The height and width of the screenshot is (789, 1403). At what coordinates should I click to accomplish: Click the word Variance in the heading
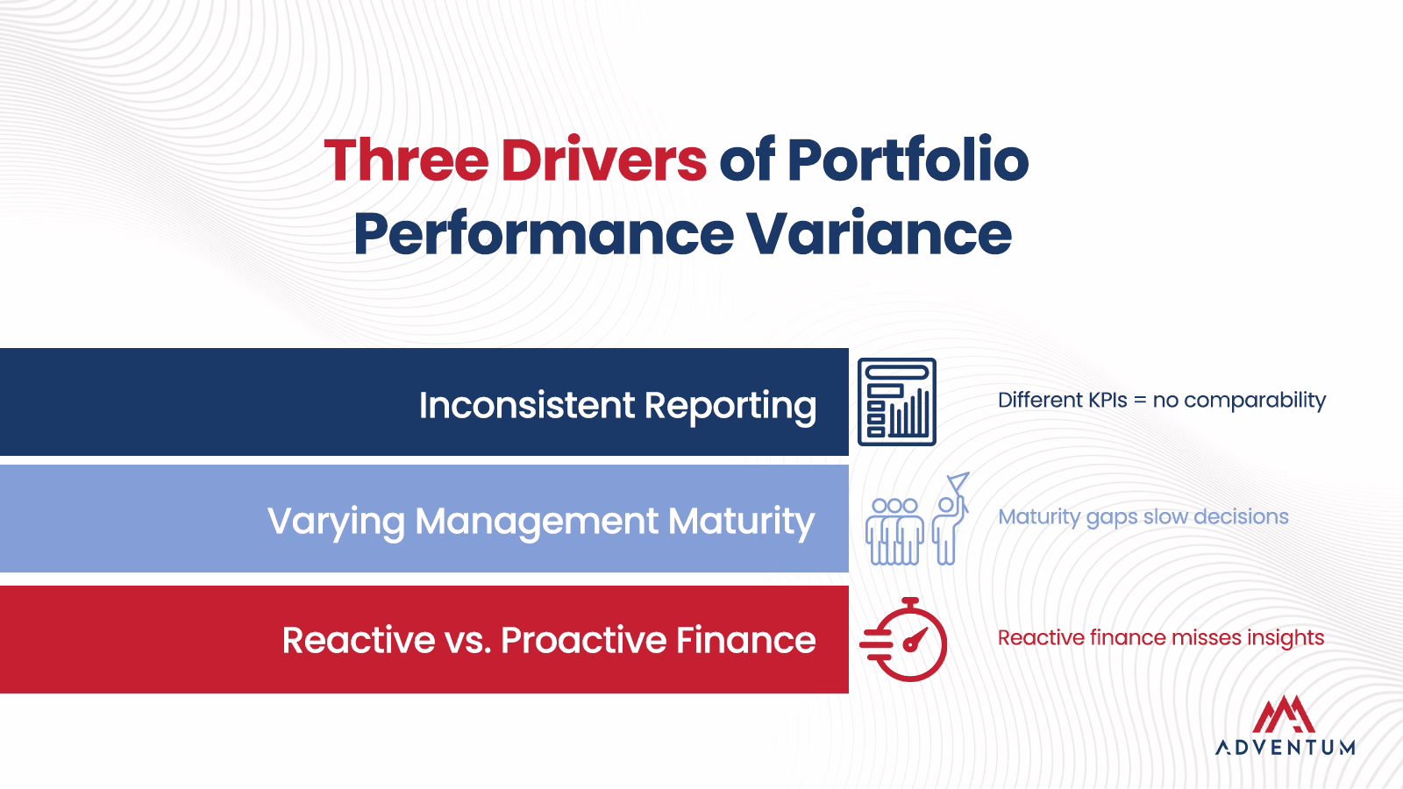coord(880,233)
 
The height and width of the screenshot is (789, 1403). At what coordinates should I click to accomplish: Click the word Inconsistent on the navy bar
coord(527,404)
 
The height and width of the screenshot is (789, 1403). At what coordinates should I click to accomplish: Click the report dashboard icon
coord(897,402)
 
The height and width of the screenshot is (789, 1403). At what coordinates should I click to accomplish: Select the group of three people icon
coord(894,531)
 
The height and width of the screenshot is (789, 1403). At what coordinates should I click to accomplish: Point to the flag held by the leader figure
coord(958,481)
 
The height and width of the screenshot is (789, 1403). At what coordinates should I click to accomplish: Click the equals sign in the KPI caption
coord(1141,401)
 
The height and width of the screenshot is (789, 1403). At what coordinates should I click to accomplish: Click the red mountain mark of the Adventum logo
coord(1284,714)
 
